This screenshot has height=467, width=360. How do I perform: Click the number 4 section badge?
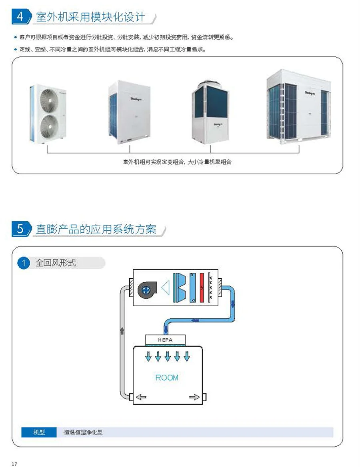pyautogui.click(x=19, y=17)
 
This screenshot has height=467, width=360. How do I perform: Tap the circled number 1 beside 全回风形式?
pyautogui.click(x=24, y=263)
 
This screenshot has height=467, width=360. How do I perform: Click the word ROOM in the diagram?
pyautogui.click(x=167, y=377)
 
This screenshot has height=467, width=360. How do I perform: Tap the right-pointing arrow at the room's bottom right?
pyautogui.click(x=194, y=397)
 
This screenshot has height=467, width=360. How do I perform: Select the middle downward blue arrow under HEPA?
pyautogui.click(x=167, y=355)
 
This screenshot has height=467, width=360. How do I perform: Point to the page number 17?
pyautogui.click(x=15, y=464)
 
